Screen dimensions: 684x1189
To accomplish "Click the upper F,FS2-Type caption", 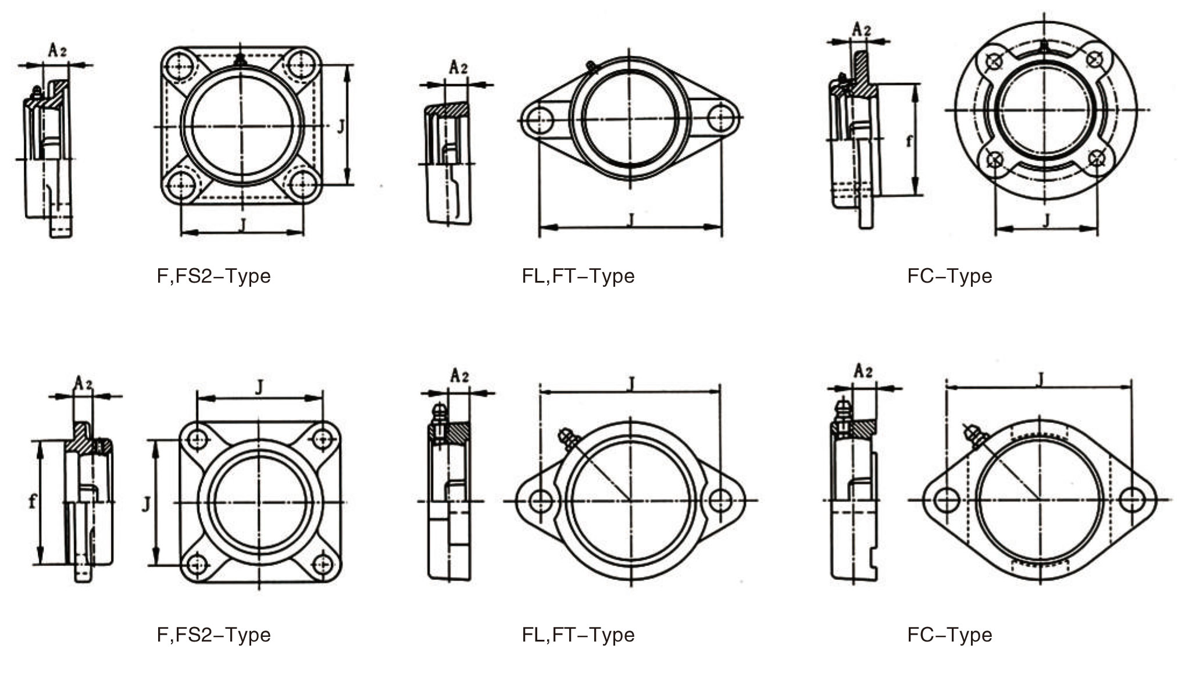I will point(213,276).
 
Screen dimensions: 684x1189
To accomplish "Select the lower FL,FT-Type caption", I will point(578,635).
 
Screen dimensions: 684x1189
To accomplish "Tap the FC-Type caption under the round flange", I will point(949,276).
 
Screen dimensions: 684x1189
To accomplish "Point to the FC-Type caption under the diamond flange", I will point(949,635).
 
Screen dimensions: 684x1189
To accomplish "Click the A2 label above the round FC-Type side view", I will point(862,29).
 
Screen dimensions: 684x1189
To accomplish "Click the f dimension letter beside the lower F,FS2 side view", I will point(33,501).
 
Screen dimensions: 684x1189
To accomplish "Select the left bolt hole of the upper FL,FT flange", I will point(535,119).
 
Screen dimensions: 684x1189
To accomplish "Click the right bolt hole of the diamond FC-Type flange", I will point(1131,500).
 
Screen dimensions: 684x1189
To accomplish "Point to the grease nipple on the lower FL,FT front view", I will point(567,437).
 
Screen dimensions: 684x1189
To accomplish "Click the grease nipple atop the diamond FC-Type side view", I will point(841,409).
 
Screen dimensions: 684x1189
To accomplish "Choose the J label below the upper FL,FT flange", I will point(631,219).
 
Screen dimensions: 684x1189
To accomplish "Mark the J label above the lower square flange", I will point(260,387).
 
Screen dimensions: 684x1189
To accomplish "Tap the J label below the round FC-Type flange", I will point(1047,220).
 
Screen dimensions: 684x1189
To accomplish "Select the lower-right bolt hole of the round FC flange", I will point(1097,158).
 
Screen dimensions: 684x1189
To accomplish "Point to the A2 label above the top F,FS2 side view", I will point(57,51).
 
